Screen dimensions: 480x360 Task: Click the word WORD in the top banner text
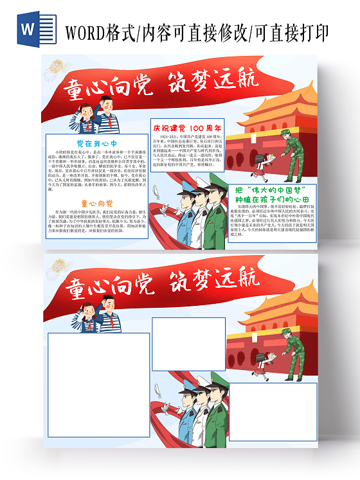click(87, 31)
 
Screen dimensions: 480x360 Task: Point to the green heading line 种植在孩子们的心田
click(273, 200)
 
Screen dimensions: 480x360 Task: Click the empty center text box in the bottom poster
click(188, 344)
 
